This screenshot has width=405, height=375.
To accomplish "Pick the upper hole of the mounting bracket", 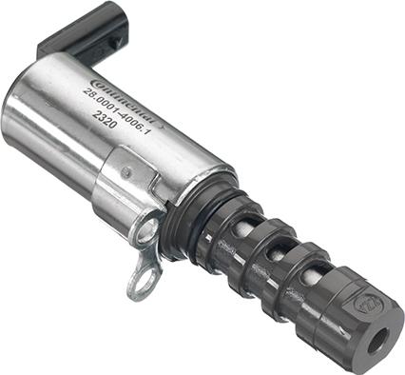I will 148,228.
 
